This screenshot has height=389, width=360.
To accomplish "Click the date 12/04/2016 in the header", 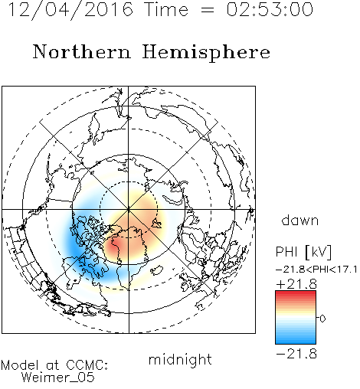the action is pyautogui.click(x=70, y=9).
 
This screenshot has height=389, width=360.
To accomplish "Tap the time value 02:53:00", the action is pyautogui.click(x=270, y=9).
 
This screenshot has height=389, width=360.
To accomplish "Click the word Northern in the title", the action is pyautogui.click(x=82, y=52).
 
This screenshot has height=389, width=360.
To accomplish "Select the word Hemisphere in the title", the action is pyautogui.click(x=206, y=53).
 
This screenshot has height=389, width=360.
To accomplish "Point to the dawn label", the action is pyautogui.click(x=300, y=221).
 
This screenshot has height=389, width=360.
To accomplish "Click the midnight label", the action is pyautogui.click(x=180, y=359).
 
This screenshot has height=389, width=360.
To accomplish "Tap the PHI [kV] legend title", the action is pyautogui.click(x=304, y=252).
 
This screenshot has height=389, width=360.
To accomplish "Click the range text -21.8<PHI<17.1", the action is pyautogui.click(x=316, y=269).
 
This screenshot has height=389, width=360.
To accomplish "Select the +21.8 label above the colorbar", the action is pyautogui.click(x=296, y=284).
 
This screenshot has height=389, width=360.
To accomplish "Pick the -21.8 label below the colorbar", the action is pyautogui.click(x=296, y=354).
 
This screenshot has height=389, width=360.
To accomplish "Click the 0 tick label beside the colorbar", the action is pyautogui.click(x=322, y=319).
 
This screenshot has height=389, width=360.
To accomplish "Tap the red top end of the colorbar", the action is pyautogui.click(x=296, y=293).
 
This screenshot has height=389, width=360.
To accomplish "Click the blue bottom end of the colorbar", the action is pyautogui.click(x=296, y=342).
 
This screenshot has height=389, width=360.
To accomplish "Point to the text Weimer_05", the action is pyautogui.click(x=58, y=378).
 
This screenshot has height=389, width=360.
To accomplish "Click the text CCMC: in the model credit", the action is pyautogui.click(x=87, y=365).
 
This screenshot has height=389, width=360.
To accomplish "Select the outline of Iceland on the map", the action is pyautogui.click(x=156, y=270).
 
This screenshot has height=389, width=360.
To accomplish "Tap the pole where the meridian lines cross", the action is pyautogui.click(x=129, y=209).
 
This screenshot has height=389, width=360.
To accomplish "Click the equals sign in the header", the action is pyautogui.click(x=207, y=10).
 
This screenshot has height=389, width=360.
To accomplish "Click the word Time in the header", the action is pyautogui.click(x=166, y=9).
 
